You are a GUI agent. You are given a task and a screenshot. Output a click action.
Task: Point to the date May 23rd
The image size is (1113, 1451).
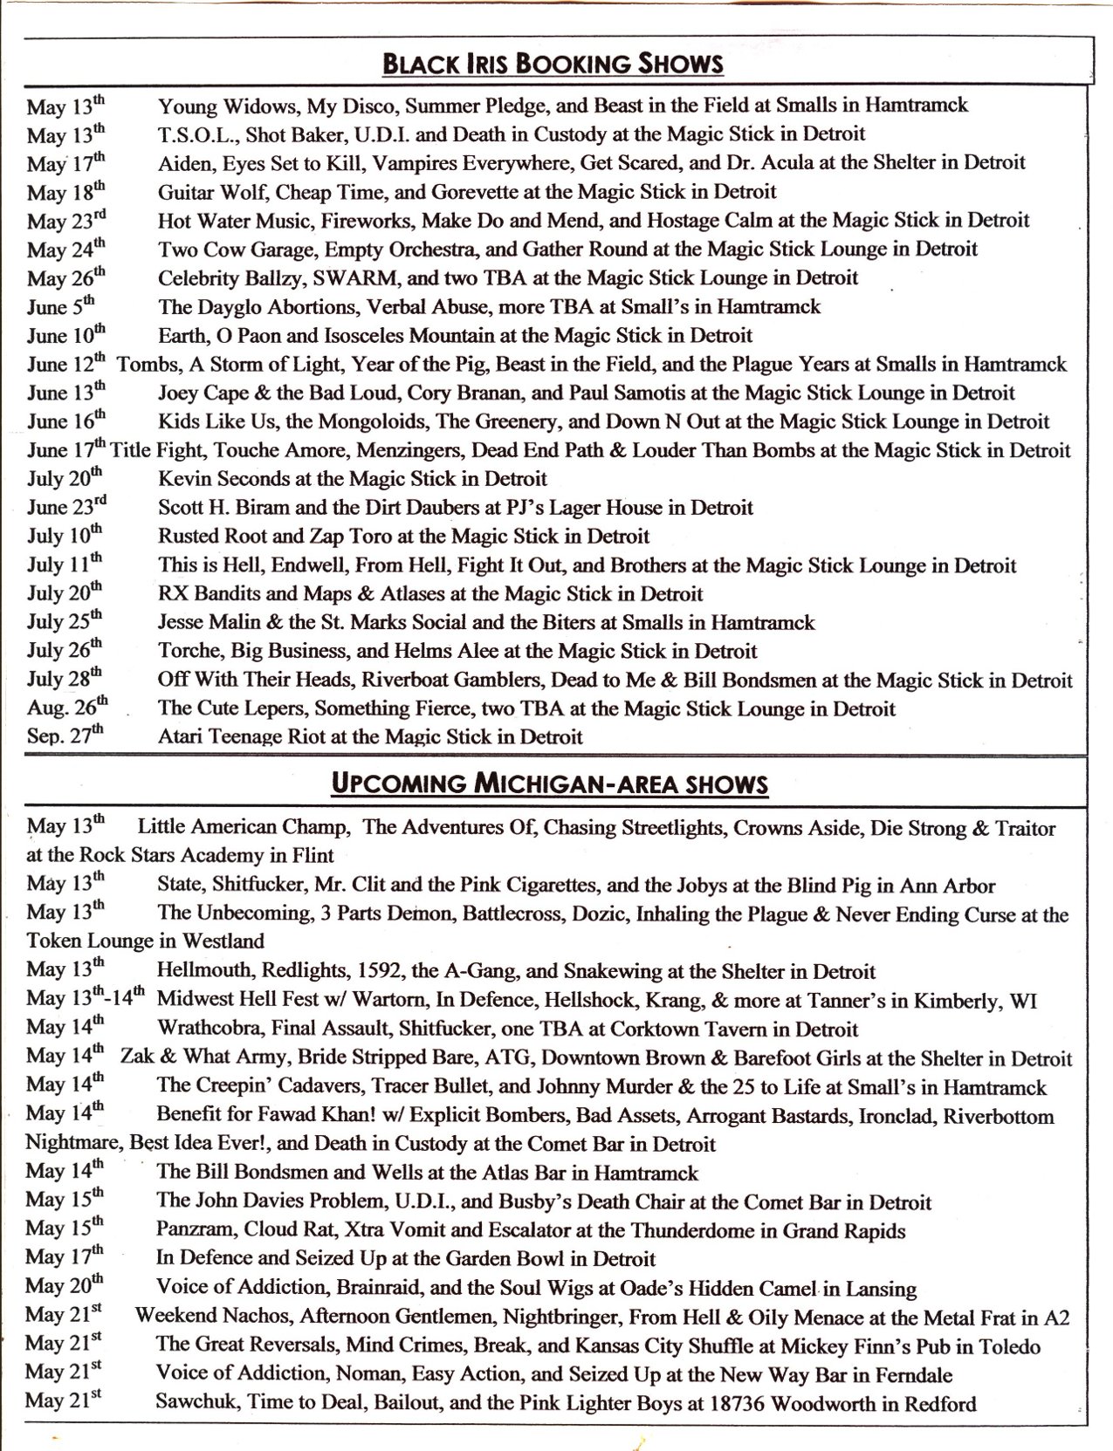[x=66, y=221]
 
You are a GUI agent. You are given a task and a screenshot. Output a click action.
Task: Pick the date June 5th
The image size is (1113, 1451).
[x=61, y=306]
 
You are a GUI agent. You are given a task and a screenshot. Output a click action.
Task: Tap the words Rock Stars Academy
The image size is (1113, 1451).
[x=169, y=856]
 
